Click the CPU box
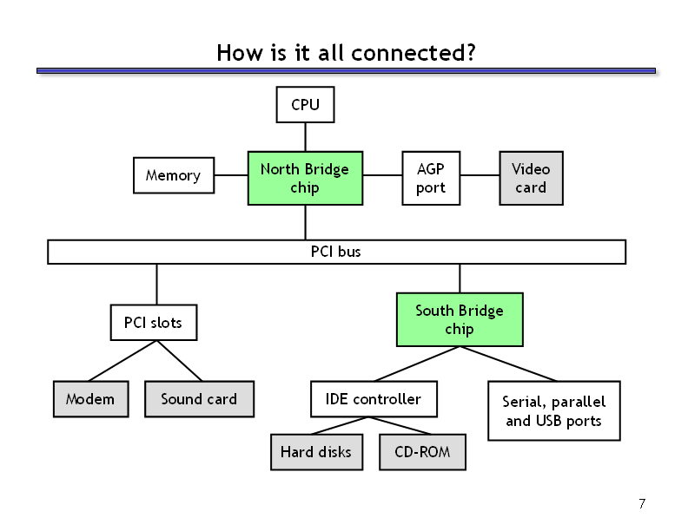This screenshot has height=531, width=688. pyautogui.click(x=305, y=104)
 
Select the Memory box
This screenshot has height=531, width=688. pyautogui.click(x=174, y=175)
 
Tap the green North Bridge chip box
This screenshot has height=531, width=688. pyautogui.click(x=305, y=178)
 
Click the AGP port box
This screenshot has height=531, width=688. pyautogui.click(x=431, y=178)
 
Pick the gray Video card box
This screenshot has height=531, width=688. pyautogui.click(x=531, y=178)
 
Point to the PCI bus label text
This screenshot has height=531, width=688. pyautogui.click(x=335, y=252)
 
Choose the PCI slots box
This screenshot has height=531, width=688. pyautogui.click(x=154, y=323)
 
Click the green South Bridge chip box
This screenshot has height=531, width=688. pyautogui.click(x=460, y=319)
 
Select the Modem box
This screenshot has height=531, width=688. pyautogui.click(x=91, y=399)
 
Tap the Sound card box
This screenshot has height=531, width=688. pyautogui.click(x=199, y=399)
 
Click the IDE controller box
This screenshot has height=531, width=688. pyautogui.click(x=374, y=399)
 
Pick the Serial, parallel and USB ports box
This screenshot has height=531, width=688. pyautogui.click(x=553, y=410)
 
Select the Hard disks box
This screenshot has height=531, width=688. pyautogui.click(x=316, y=452)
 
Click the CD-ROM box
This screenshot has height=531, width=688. pyautogui.click(x=422, y=452)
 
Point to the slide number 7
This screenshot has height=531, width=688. pyautogui.click(x=642, y=503)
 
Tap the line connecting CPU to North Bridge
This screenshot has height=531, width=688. pyautogui.click(x=306, y=137)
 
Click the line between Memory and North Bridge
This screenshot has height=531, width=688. pyautogui.click(x=231, y=175)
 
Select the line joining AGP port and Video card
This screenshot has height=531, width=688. pyautogui.click(x=480, y=175)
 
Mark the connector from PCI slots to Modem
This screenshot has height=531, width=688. pyautogui.click(x=122, y=361)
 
